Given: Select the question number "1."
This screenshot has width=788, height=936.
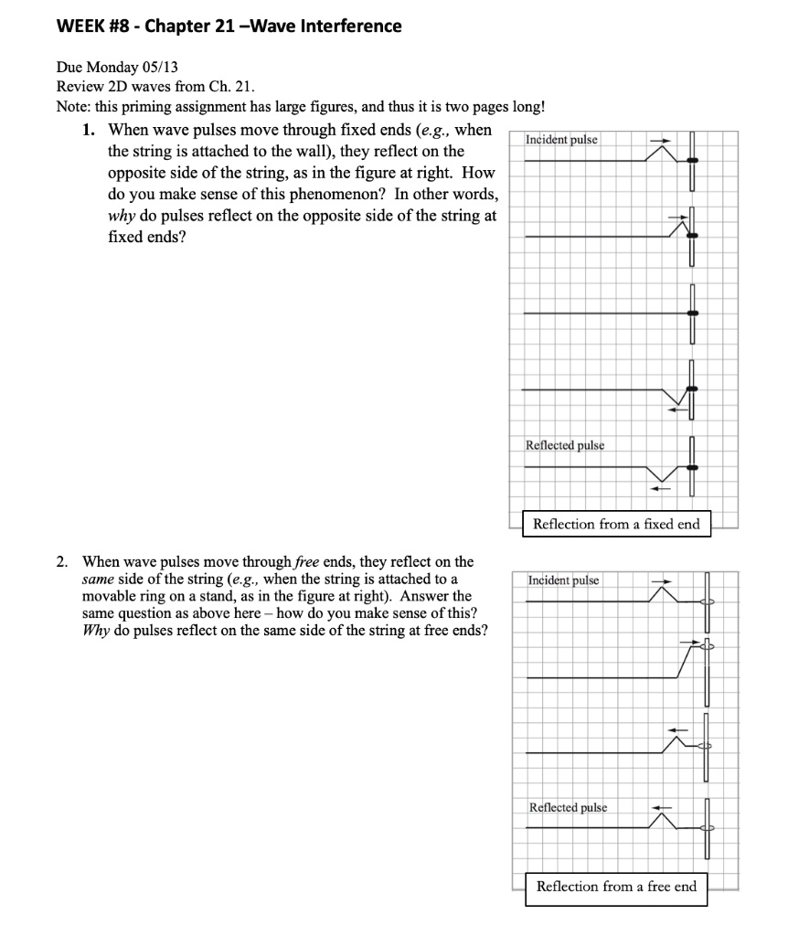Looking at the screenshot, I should tap(89, 130).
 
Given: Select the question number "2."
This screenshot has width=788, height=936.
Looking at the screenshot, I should tap(89, 561).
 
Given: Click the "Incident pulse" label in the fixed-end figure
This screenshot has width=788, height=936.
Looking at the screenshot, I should tap(563, 140).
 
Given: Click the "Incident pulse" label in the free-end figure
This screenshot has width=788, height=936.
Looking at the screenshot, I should tap(563, 580).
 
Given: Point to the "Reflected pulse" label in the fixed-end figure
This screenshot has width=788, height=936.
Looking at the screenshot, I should tap(565, 445).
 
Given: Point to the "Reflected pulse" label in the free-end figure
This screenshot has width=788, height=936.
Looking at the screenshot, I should tap(568, 807).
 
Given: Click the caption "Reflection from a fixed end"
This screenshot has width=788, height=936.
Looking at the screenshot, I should tap(616, 524).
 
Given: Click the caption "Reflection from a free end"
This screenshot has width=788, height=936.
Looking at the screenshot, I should tap(616, 886).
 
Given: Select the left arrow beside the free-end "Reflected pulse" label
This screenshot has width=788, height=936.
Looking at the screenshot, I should tap(661, 808).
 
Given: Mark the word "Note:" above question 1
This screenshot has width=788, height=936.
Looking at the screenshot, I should tap(75, 106).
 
